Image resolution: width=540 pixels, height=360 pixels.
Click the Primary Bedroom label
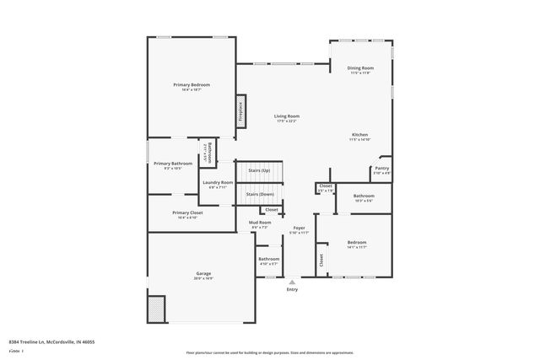[x=192, y=85]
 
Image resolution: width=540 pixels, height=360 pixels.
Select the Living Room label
[x=287, y=116]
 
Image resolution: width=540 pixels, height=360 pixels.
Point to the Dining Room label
[x=360, y=67]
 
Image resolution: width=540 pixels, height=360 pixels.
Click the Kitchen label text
[x=359, y=135]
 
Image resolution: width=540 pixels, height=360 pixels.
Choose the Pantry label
[x=381, y=169]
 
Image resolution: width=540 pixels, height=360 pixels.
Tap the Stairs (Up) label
[x=259, y=170]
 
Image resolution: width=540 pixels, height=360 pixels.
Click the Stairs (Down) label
[x=259, y=195]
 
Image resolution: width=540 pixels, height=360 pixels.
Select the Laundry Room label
[x=218, y=182]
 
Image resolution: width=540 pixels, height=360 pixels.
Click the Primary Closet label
[x=186, y=212]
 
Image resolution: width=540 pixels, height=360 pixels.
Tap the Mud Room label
[x=260, y=223]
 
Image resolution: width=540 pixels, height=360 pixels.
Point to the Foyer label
[x=299, y=228]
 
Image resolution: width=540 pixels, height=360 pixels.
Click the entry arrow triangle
[x=292, y=282]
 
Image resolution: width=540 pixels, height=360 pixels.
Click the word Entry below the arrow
[x=292, y=289]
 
